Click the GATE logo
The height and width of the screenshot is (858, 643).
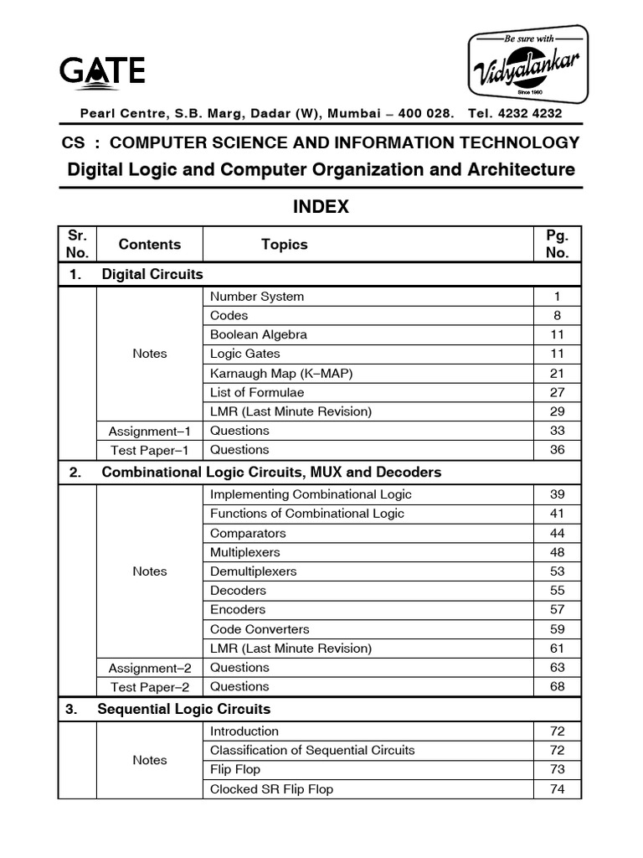click(101, 70)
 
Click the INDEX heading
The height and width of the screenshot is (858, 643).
click(321, 207)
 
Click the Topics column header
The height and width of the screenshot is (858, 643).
click(284, 245)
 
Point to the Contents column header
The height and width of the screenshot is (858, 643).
click(150, 245)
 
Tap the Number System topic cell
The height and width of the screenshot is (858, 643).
click(257, 297)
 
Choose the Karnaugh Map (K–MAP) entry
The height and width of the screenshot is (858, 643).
click(276, 373)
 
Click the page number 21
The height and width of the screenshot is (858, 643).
click(557, 373)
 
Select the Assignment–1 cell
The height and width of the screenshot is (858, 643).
click(150, 431)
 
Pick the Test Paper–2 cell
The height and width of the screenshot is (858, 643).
click(150, 687)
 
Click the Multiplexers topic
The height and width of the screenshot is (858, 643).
click(245, 552)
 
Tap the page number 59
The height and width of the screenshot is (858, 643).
click(557, 629)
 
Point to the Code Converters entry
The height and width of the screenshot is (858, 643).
click(260, 629)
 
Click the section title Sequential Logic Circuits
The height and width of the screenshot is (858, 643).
click(184, 710)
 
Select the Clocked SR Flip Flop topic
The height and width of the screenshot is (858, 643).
click(271, 789)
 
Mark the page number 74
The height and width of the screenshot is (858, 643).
click(557, 789)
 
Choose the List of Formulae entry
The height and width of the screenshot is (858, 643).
click(257, 392)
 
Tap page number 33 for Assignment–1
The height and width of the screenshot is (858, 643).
click(557, 431)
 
